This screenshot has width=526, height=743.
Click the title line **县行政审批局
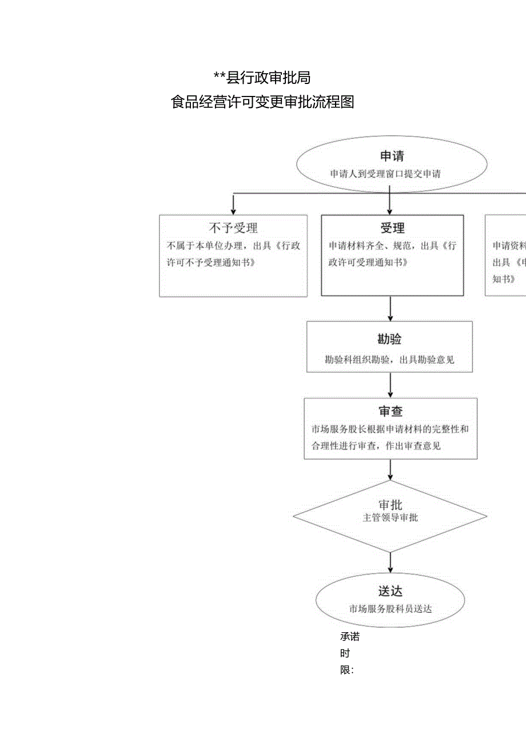coord(262,77)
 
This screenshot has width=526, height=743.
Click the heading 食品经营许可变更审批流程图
coord(262,102)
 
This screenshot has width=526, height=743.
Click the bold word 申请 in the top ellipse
coord(392,156)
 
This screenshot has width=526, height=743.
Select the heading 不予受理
coord(233,228)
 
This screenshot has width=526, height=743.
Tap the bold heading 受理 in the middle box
coord(392,228)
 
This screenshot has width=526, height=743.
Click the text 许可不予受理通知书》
coord(210,263)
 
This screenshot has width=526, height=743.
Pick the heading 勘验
coord(389,339)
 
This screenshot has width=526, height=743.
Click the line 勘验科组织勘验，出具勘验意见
coord(389,360)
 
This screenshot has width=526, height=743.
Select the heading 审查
coord(390,412)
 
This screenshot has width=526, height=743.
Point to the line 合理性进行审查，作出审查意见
coord(376,446)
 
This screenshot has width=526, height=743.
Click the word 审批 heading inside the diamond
coord(390,505)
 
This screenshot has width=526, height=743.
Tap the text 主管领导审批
coord(390,518)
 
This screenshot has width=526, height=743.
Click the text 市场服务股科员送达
coord(390,609)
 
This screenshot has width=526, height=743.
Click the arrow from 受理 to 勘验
coord(390,308)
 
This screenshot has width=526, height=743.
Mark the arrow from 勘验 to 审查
coord(390,385)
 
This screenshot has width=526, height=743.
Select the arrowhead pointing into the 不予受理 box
coord(233,211)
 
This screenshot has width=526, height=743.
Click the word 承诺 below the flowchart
coord(349,637)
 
